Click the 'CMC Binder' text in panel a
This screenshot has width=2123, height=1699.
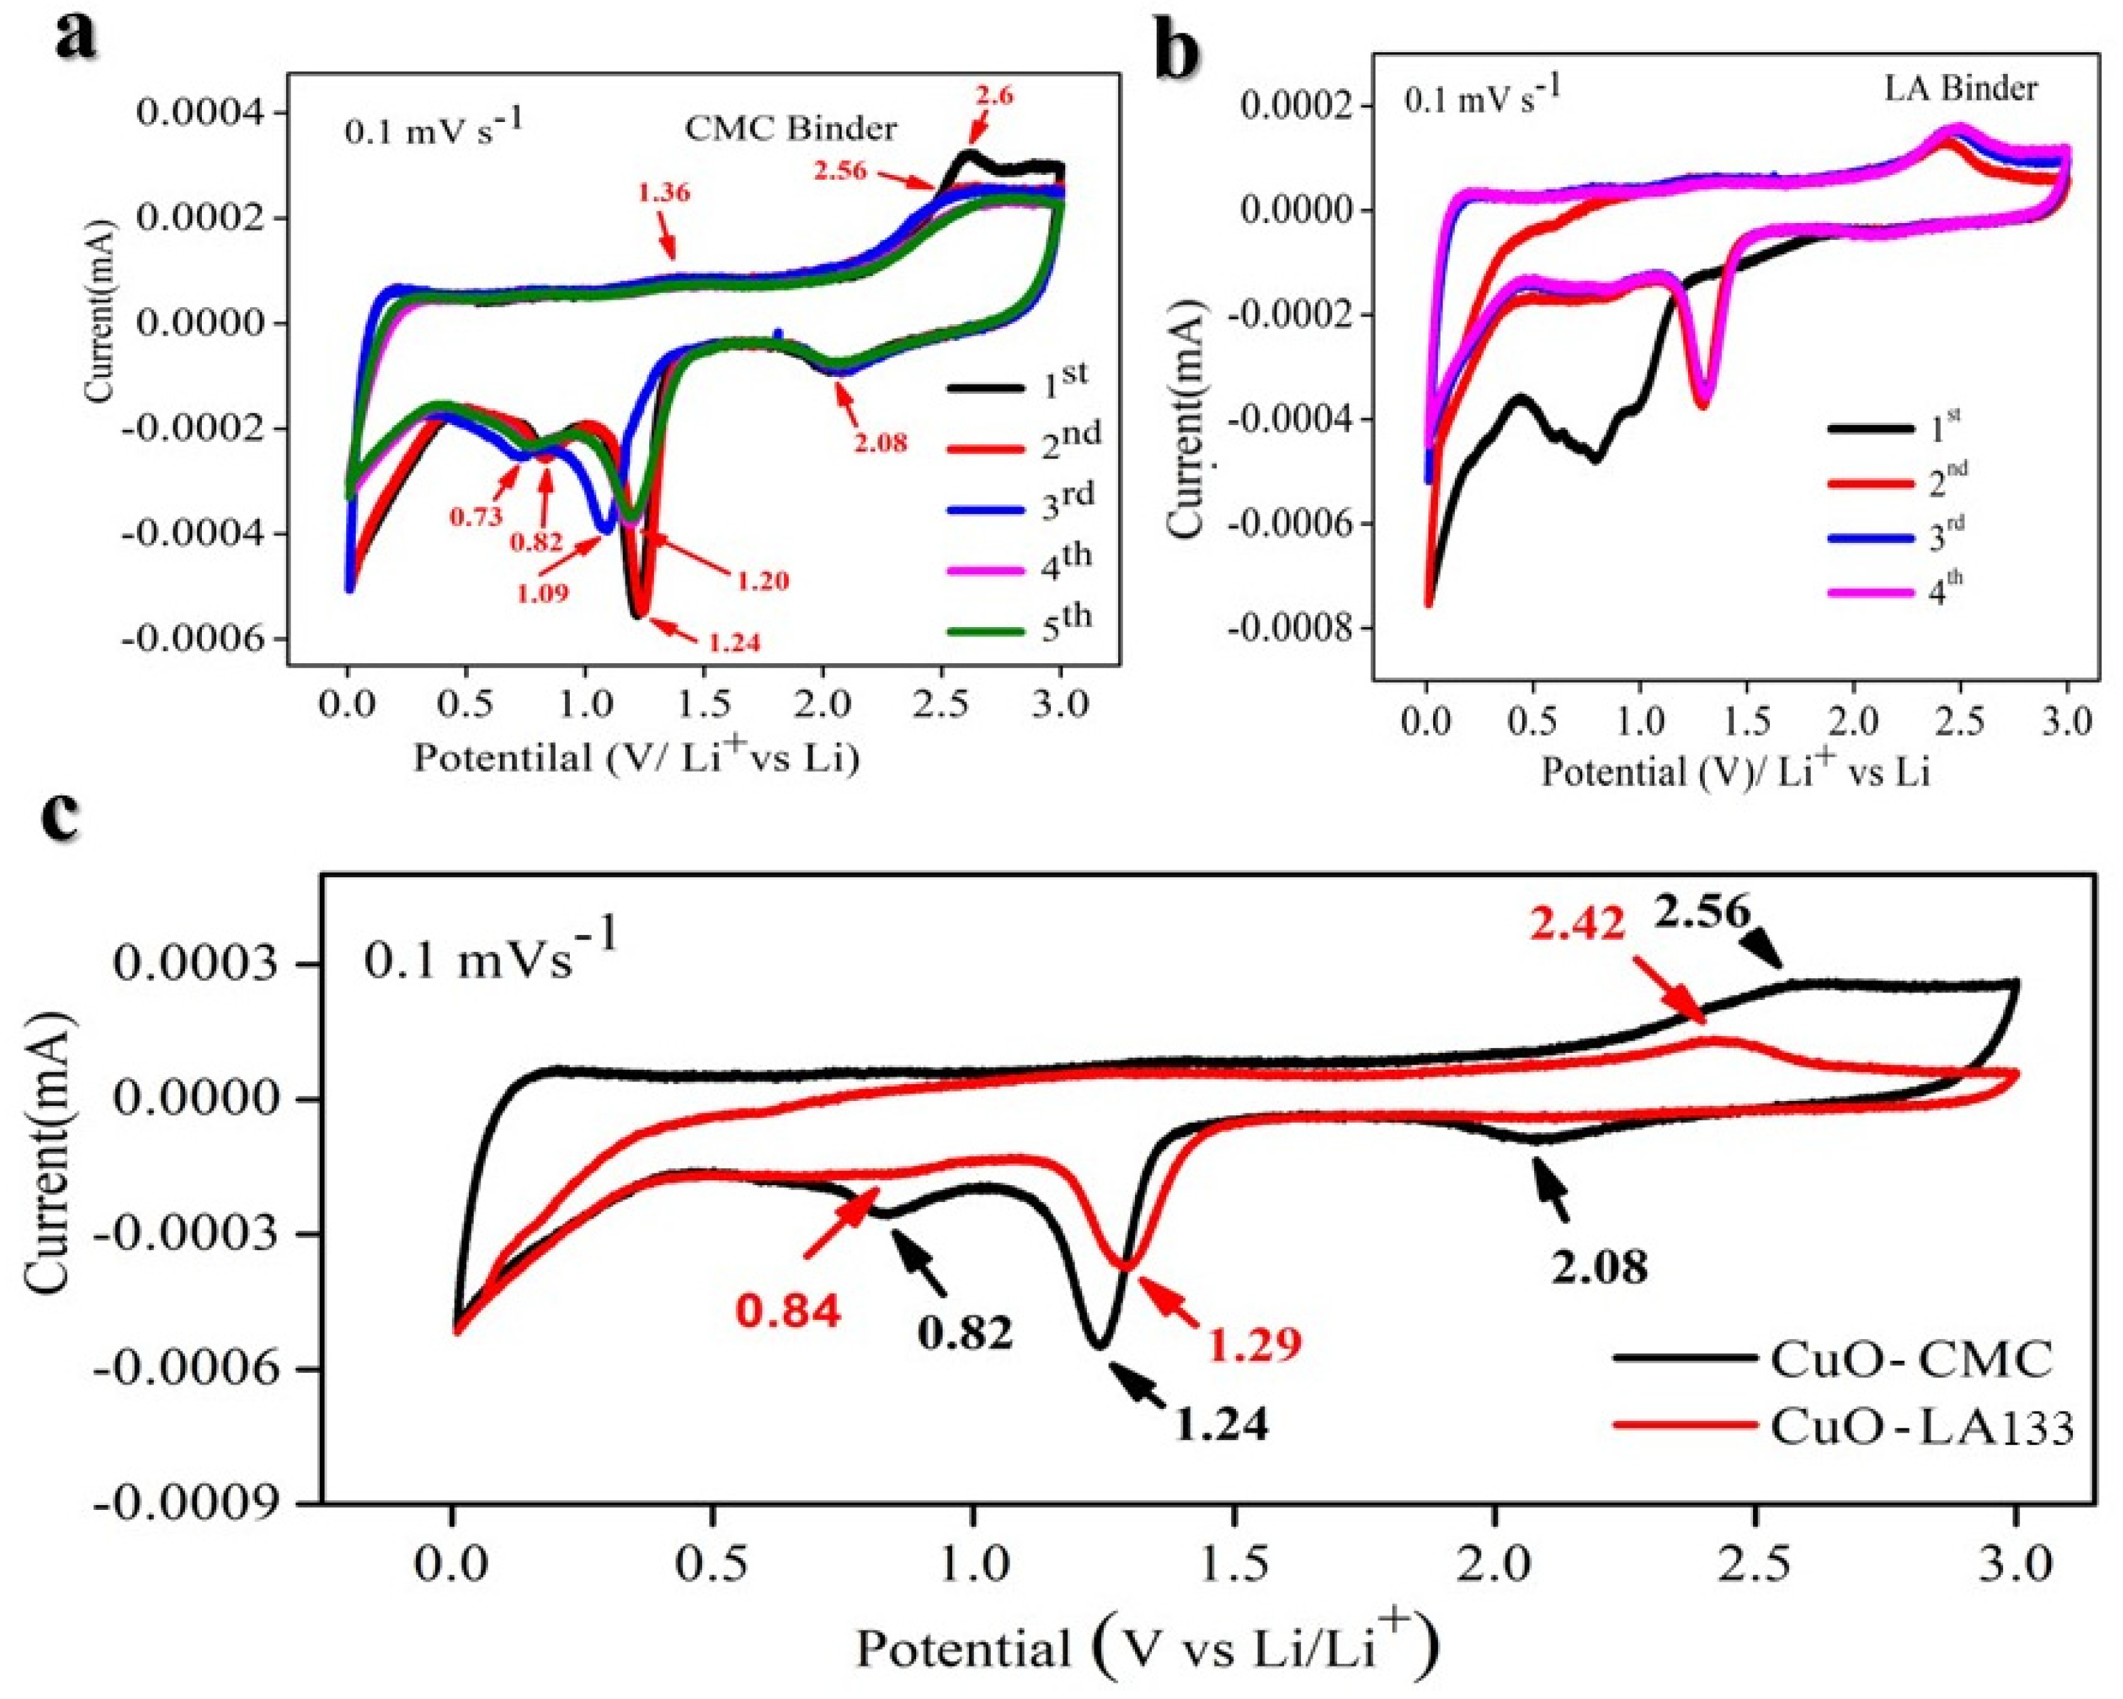pos(791,128)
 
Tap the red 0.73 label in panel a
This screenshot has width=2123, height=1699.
pos(476,516)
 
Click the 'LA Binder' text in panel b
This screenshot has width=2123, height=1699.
pos(1960,89)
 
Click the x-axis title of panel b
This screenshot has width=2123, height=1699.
pos(1735,772)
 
